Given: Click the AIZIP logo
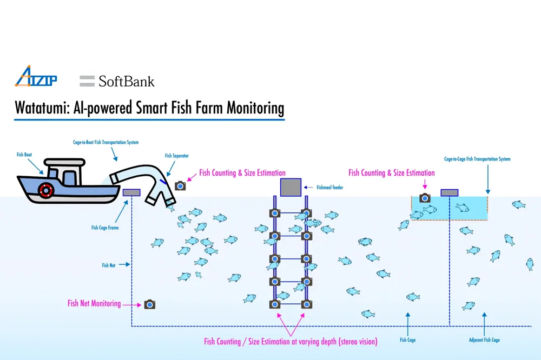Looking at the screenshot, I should pyautogui.click(x=35, y=77).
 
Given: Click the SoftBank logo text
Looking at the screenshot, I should pyautogui.click(x=117, y=82).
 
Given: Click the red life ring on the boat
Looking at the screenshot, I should pyautogui.click(x=46, y=190).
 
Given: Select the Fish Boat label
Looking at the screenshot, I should pyautogui.click(x=24, y=155).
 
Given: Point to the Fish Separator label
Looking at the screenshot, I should pyautogui.click(x=177, y=156).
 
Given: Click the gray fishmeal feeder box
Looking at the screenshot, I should pyautogui.click(x=291, y=188).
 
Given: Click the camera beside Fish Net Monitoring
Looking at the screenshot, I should pyautogui.click(x=150, y=304).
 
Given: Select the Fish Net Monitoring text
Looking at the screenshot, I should pyautogui.click(x=94, y=303).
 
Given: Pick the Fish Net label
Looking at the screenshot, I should pyautogui.click(x=109, y=265).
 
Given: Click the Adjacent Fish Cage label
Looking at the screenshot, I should pyautogui.click(x=484, y=340).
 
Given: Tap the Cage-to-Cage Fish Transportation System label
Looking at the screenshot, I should pyautogui.click(x=477, y=159).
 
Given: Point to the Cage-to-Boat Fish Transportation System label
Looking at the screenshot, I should pyautogui.click(x=106, y=143).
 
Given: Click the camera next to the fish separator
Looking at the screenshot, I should pyautogui.click(x=180, y=185).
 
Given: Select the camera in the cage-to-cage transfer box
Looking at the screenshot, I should pyautogui.click(x=425, y=198).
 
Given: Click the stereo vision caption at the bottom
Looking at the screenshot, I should pyautogui.click(x=291, y=342).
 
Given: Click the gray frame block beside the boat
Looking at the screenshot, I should pyautogui.click(x=131, y=192).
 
